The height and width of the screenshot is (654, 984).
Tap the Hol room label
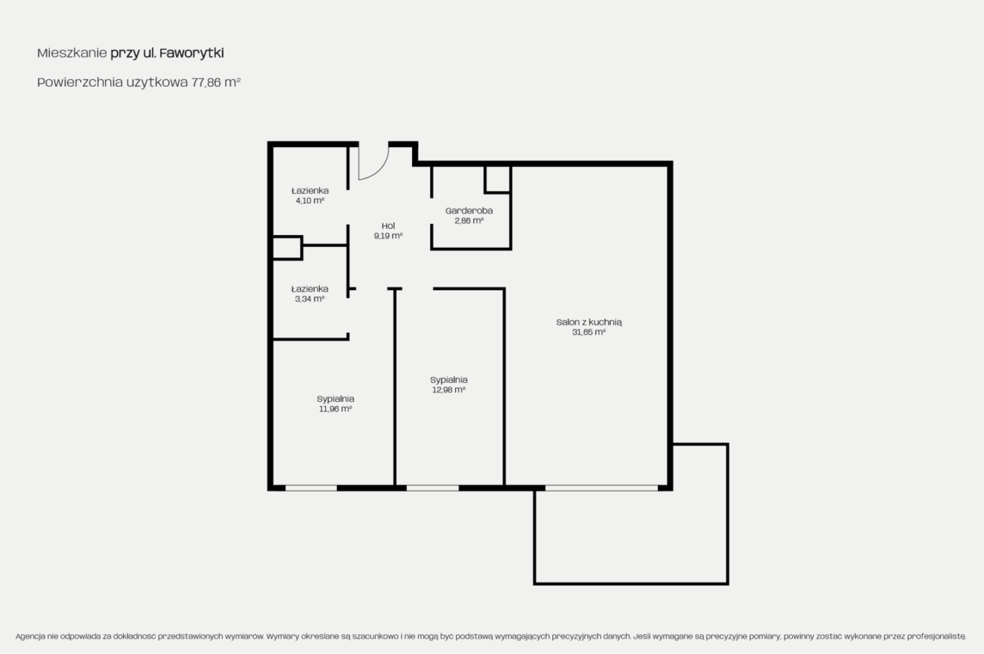tap(388, 226)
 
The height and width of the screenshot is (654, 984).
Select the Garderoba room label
tap(469, 211)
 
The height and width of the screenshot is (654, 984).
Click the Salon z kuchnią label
tap(588, 322)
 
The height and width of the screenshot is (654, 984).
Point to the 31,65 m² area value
tap(588, 332)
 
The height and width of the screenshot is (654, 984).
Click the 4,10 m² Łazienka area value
tap(310, 201)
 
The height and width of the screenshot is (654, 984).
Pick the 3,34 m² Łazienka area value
tap(310, 299)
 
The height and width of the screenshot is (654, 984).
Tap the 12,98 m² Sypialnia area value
tap(448, 390)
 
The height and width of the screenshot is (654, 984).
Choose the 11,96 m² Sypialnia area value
tap(335, 409)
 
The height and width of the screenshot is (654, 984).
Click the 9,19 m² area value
tap(388, 236)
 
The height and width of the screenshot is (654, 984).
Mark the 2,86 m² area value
tap(469, 221)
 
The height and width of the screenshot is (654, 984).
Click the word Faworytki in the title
tap(191, 53)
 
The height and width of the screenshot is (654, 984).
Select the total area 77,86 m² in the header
tap(216, 82)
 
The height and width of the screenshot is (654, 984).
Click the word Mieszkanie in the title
tap(72, 53)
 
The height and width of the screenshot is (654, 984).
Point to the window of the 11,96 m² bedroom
tap(311, 488)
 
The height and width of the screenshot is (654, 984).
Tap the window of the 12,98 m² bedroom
tap(433, 488)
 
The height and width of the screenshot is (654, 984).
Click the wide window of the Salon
tap(601, 488)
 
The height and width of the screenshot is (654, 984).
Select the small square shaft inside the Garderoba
tap(497, 179)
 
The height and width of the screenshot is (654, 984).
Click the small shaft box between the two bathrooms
tap(287, 247)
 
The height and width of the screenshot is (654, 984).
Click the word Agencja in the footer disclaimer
tap(30, 636)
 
